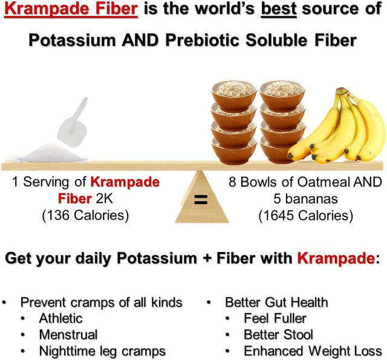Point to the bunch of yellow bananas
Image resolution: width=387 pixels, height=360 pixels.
tap(339, 127)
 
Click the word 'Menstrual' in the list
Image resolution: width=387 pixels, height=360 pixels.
tap(68, 334)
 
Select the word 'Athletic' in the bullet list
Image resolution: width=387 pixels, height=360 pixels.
tap(60, 318)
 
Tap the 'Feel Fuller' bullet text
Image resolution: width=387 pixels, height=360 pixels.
tap(275, 318)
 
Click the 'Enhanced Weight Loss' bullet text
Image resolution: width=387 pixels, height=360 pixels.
tap(313, 350)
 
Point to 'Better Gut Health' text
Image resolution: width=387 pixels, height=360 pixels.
tap(276, 302)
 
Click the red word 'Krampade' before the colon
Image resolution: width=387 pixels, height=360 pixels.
tap(336, 259)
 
